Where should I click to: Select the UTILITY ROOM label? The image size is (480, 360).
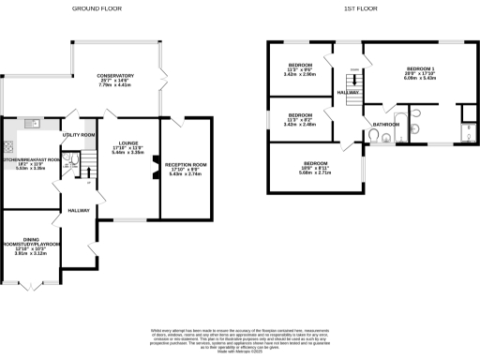pyautogui.click(x=79, y=135)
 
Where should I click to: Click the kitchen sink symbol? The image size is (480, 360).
pyautogui.click(x=31, y=121)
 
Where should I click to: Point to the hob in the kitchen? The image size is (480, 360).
pyautogui.click(x=8, y=145)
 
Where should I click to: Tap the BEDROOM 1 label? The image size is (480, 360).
pyautogui.click(x=420, y=69)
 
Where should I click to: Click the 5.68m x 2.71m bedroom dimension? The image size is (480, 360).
pyautogui.click(x=312, y=172)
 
